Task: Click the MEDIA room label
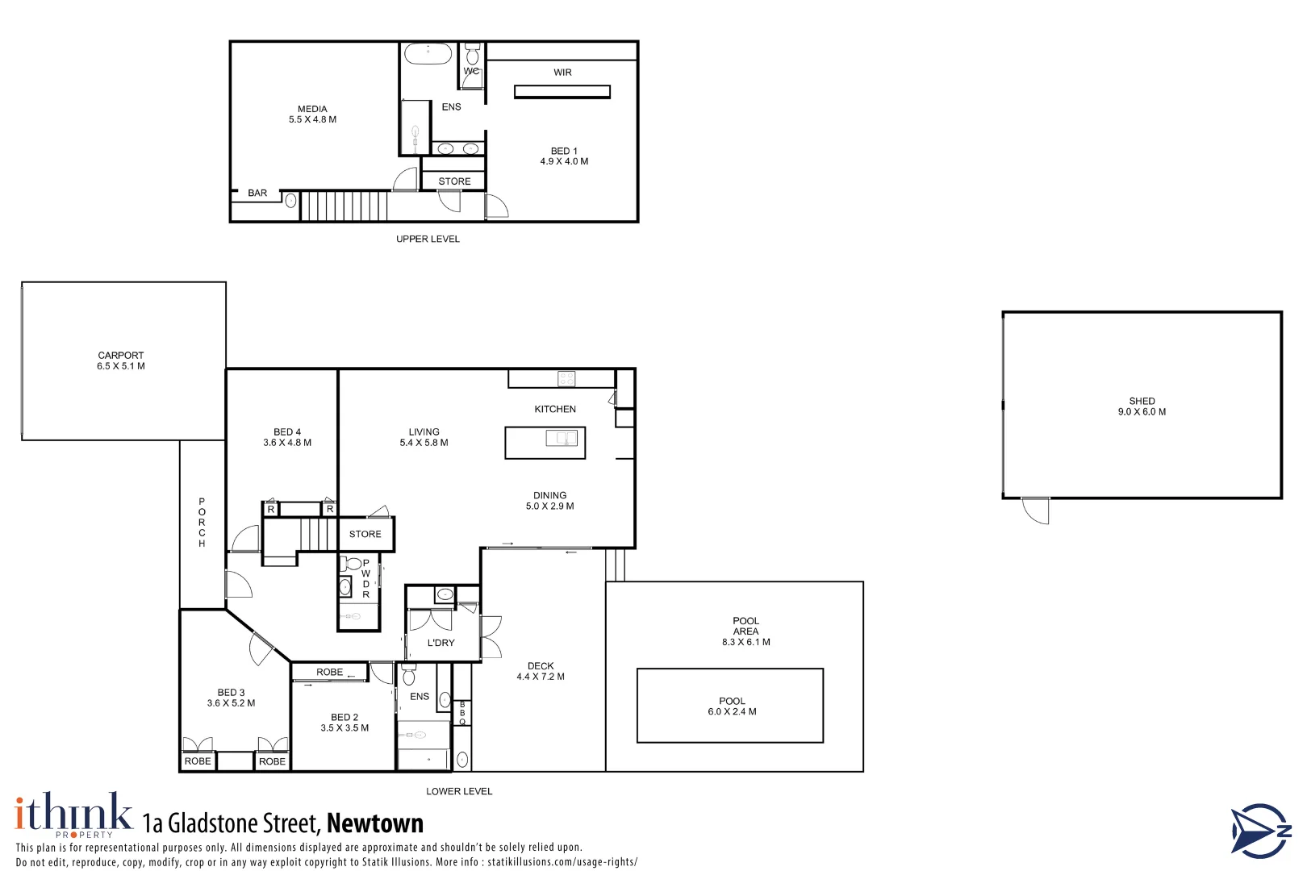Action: (x=312, y=114)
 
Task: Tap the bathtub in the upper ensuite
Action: (x=428, y=54)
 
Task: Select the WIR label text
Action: (x=562, y=73)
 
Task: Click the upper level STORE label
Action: (x=454, y=181)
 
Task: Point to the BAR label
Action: (x=257, y=194)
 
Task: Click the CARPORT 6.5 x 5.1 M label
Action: (x=121, y=360)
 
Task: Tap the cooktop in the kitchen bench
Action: (x=566, y=378)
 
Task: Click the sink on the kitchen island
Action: (x=562, y=438)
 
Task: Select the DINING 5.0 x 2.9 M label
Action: (x=549, y=501)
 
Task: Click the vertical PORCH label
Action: (x=202, y=523)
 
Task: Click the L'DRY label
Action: (x=441, y=643)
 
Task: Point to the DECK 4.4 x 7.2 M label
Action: (x=541, y=671)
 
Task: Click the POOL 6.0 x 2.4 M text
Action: (x=732, y=706)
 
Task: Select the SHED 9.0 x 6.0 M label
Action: (x=1141, y=406)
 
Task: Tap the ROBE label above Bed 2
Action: (x=329, y=672)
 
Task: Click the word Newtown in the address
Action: (x=375, y=823)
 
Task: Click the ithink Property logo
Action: (x=73, y=815)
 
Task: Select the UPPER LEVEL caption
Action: (x=428, y=239)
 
